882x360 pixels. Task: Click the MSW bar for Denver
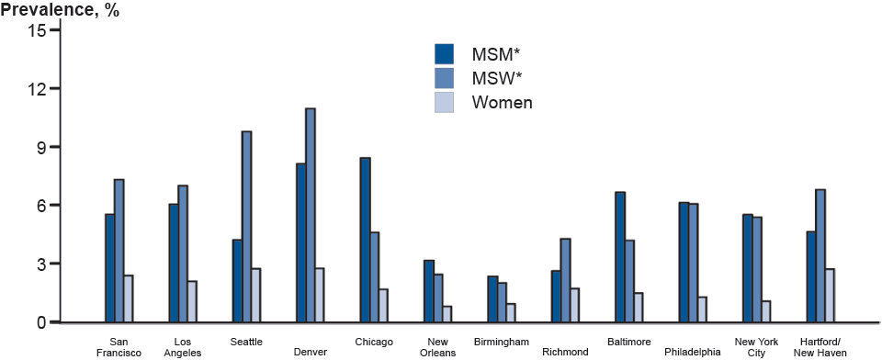tap(311, 216)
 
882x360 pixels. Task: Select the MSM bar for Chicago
tap(365, 240)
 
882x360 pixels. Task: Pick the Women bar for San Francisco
tap(129, 298)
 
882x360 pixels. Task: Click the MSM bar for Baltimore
tap(620, 257)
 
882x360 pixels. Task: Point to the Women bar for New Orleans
tap(447, 314)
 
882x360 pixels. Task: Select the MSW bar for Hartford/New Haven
tap(820, 256)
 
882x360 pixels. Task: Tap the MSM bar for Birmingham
tap(492, 299)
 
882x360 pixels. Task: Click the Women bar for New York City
tap(766, 311)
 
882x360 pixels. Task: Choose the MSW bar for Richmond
tap(566, 280)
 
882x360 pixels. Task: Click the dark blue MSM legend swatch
tap(445, 53)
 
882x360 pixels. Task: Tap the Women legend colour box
tap(445, 102)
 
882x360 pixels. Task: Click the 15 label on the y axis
tap(36, 30)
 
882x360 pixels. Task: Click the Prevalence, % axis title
tap(60, 10)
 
